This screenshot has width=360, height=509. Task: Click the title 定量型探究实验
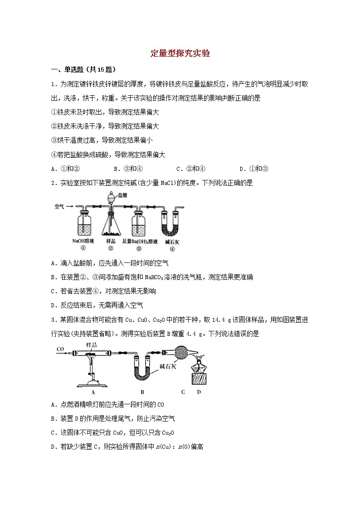(180, 53)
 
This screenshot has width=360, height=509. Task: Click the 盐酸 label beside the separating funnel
(122, 195)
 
